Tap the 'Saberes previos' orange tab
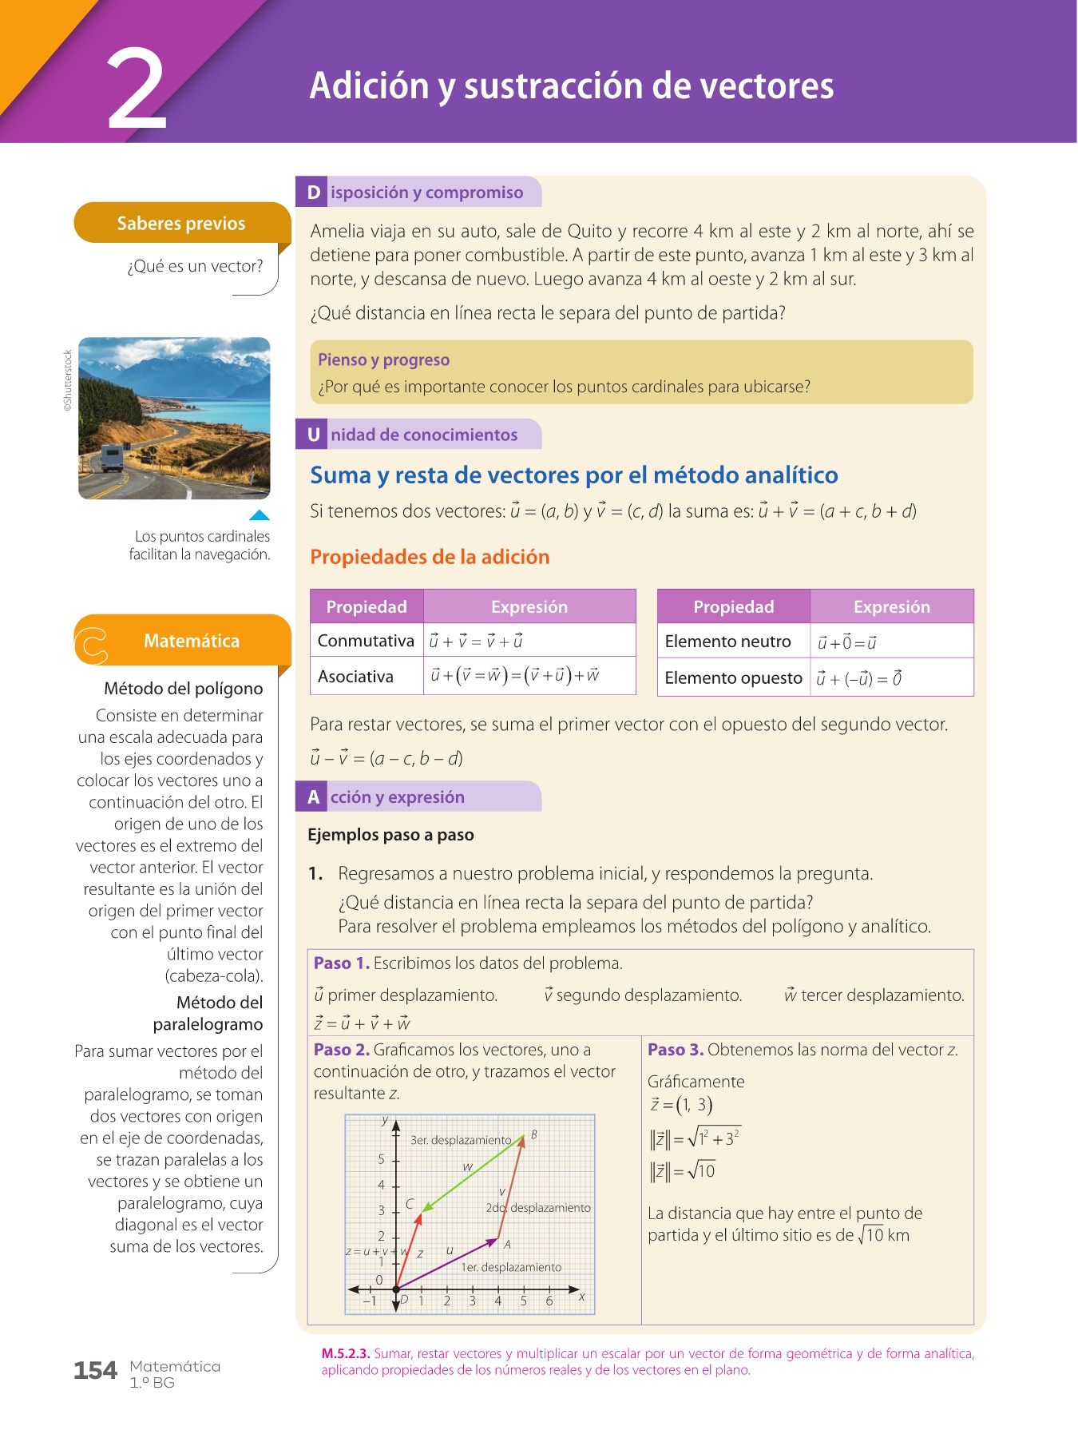[x=181, y=223]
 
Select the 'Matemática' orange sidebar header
[x=192, y=641]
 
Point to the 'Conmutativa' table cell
[x=366, y=641]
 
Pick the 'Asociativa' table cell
[x=355, y=677]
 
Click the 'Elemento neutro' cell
[x=727, y=642]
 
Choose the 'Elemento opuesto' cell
[x=733, y=678]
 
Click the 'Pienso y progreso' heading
[x=383, y=359]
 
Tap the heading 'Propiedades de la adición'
[x=430, y=557]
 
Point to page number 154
[x=95, y=1371]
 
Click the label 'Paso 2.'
[x=341, y=1050]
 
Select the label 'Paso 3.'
[x=675, y=1050]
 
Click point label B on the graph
[x=533, y=1134]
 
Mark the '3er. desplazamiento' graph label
[x=461, y=1140]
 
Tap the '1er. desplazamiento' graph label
[x=511, y=1267]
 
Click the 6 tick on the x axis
[x=549, y=1301]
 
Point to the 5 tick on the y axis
[x=381, y=1159]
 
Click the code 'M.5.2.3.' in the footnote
[x=346, y=1353]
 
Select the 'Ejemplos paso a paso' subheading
[x=390, y=835]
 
